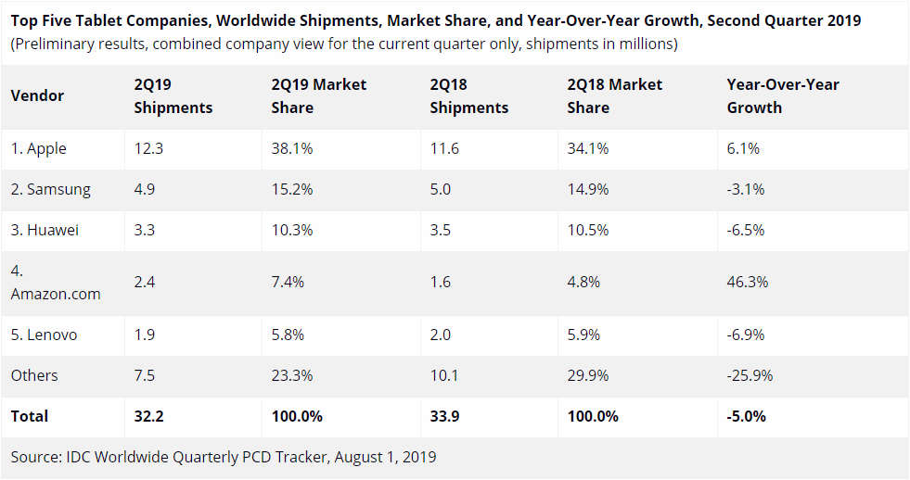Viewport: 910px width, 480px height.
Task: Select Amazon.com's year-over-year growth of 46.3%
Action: click(x=747, y=282)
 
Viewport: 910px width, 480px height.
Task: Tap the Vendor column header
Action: click(x=37, y=95)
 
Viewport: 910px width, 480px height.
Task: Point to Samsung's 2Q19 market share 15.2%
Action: click(x=291, y=189)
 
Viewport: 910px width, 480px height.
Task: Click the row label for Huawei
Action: click(x=45, y=230)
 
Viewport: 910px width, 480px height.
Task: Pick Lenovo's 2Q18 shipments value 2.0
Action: click(x=441, y=335)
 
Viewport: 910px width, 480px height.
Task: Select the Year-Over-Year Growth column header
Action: click(x=782, y=95)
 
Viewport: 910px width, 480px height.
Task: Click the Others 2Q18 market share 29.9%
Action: click(x=587, y=375)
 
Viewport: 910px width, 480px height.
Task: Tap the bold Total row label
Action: click(x=30, y=416)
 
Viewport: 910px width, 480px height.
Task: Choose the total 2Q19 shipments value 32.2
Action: click(x=148, y=416)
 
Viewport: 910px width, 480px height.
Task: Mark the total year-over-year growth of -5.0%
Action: click(x=746, y=416)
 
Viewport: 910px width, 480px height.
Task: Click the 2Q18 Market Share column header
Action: click(x=614, y=95)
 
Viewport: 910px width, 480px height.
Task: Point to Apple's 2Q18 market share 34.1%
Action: click(x=587, y=148)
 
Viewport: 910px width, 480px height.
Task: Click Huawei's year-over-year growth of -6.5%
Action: click(x=746, y=230)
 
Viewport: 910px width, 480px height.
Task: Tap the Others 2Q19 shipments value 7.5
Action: click(x=146, y=375)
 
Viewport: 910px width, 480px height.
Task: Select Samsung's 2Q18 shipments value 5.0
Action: click(x=441, y=189)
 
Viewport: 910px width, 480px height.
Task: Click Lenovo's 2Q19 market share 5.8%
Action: click(x=288, y=335)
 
